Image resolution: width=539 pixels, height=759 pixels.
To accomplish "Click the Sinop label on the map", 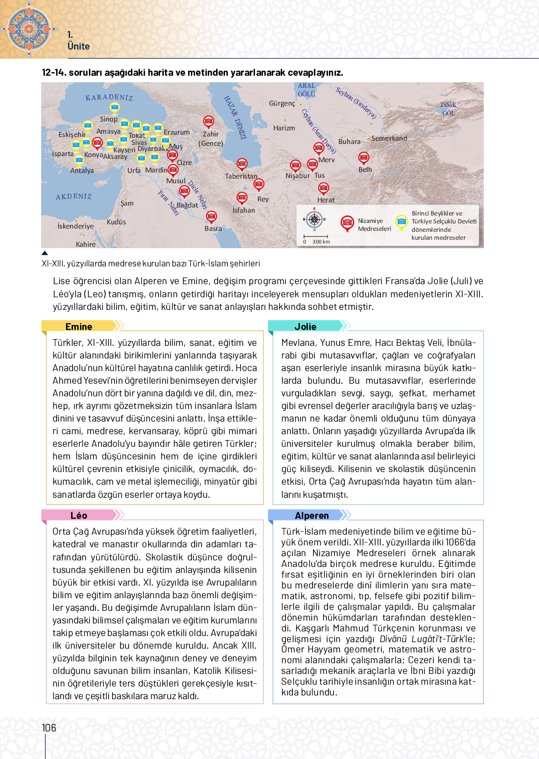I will click(x=109, y=119).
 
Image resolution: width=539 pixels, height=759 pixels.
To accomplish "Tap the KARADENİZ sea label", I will click(x=109, y=97).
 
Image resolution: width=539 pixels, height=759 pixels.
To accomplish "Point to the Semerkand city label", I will click(x=389, y=138).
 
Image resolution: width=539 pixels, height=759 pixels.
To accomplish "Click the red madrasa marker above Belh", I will click(x=364, y=158).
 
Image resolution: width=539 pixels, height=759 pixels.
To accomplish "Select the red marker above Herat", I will click(x=323, y=188).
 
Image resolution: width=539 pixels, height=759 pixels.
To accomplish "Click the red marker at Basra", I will click(x=211, y=216).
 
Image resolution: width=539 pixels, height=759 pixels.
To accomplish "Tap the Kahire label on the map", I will click(x=86, y=244).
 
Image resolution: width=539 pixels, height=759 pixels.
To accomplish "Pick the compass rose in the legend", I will click(x=314, y=219).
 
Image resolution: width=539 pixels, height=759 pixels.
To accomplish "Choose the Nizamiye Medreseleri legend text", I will click(x=374, y=225).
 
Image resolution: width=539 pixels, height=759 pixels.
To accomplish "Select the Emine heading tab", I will click(x=79, y=326).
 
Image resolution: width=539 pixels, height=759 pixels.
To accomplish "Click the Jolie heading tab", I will click(x=305, y=326).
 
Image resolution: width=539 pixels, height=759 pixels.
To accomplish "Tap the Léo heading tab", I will click(x=79, y=515).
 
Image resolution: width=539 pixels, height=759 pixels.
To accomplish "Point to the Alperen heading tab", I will click(x=312, y=515).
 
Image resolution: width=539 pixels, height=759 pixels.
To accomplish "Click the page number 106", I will click(x=49, y=728).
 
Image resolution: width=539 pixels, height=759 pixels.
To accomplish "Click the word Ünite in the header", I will click(x=79, y=46).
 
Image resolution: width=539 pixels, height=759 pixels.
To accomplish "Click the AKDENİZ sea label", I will click(x=74, y=197).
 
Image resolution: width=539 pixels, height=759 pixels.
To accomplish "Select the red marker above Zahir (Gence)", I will click(x=209, y=122).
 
